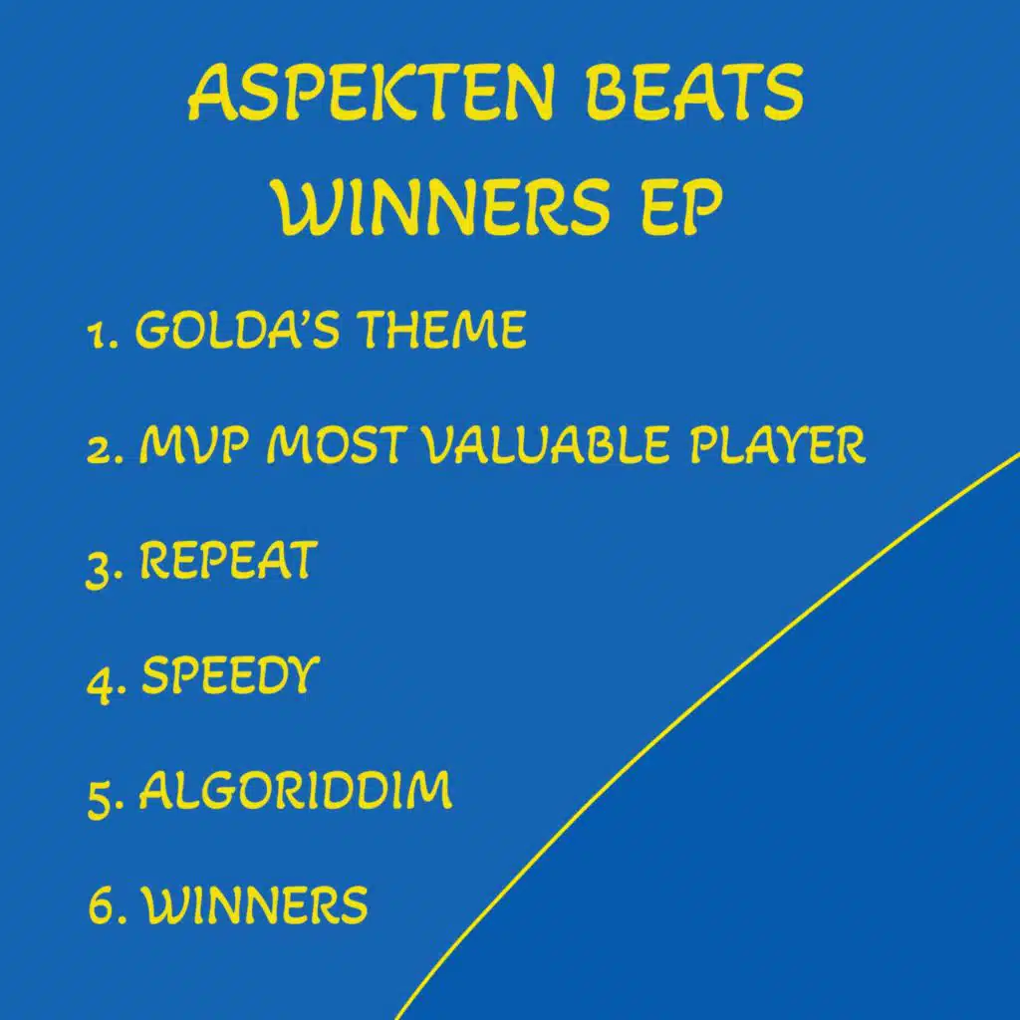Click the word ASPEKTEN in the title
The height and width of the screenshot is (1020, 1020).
tap(372, 93)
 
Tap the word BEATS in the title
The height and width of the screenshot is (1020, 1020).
tap(694, 93)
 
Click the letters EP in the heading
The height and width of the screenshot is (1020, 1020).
tap(681, 207)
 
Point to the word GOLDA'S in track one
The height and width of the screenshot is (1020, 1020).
tap(237, 329)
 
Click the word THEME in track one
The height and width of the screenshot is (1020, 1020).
tap(442, 329)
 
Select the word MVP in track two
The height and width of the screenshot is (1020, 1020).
tap(194, 445)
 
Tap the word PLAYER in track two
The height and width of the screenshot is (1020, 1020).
tap(777, 445)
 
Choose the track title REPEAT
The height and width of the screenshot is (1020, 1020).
tap(228, 560)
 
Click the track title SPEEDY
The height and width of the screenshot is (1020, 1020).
tap(231, 675)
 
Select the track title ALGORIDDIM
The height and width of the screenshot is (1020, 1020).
tap(295, 790)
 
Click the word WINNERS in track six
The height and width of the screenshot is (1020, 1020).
tap(255, 904)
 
